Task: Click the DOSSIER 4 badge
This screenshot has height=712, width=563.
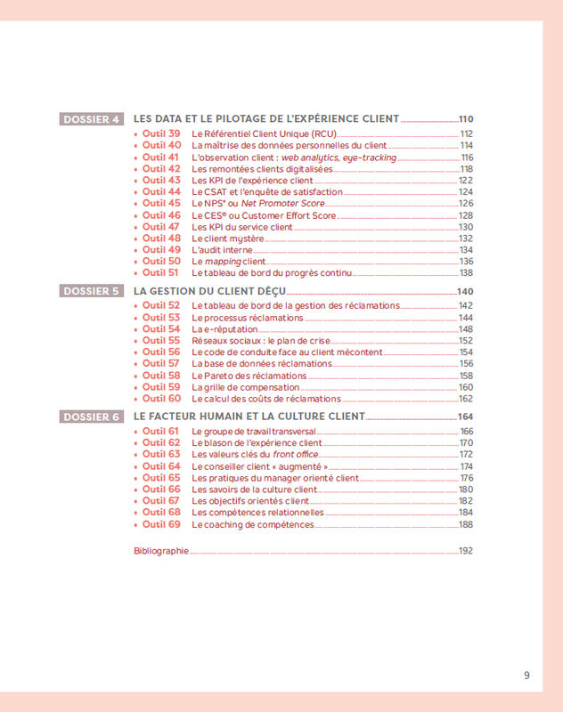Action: click(x=92, y=119)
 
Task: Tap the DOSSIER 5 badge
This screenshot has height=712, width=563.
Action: click(x=92, y=291)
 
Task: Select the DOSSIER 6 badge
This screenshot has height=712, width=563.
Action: click(x=92, y=417)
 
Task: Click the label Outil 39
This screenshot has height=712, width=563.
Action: click(x=161, y=133)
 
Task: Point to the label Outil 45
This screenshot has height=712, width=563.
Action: click(x=161, y=204)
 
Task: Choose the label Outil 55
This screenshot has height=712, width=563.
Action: click(x=161, y=341)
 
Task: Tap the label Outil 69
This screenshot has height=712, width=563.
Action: click(x=161, y=525)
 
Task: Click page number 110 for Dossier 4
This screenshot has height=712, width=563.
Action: click(x=465, y=119)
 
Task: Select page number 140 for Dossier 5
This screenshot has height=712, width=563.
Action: click(x=465, y=292)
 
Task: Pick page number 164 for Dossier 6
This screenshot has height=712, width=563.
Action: click(x=465, y=417)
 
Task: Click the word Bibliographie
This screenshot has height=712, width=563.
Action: click(x=161, y=551)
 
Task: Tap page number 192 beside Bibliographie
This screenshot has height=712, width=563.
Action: click(x=465, y=551)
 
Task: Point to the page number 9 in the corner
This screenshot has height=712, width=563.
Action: click(x=526, y=676)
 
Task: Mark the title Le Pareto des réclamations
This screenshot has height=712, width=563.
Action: click(x=249, y=376)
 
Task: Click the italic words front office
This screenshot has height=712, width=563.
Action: click(x=297, y=455)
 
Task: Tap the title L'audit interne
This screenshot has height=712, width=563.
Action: click(x=223, y=250)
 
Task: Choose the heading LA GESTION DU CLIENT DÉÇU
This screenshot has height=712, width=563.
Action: click(x=209, y=291)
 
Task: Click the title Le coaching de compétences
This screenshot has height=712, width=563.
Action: click(x=253, y=525)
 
